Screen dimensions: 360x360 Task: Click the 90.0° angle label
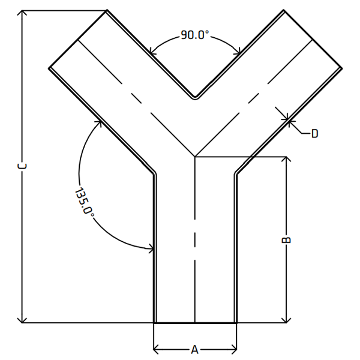pyautogui.click(x=195, y=35)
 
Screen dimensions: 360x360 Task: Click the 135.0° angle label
pyautogui.click(x=84, y=202)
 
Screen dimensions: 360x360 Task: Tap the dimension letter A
pyautogui.click(x=194, y=350)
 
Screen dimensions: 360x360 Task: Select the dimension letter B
pyautogui.click(x=286, y=239)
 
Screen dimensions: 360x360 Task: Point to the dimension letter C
pyautogui.click(x=22, y=166)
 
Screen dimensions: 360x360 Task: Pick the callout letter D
pyautogui.click(x=315, y=133)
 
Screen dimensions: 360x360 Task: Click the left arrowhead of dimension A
pyautogui.click(x=156, y=349)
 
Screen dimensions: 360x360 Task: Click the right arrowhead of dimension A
pyautogui.click(x=234, y=349)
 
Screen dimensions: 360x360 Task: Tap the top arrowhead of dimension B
pyautogui.click(x=286, y=159)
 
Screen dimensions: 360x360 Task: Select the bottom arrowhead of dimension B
pyautogui.click(x=286, y=320)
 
